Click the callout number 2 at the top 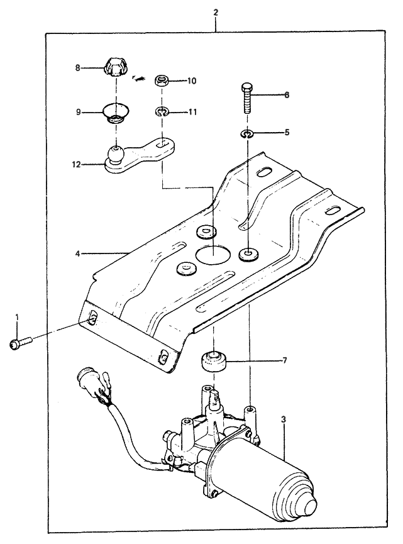(x=216, y=12)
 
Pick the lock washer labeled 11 (x=162, y=113)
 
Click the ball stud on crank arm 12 (x=116, y=153)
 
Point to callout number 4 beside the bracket (x=78, y=254)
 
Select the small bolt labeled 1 (x=18, y=344)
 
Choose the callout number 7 (x=284, y=361)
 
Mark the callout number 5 (x=286, y=133)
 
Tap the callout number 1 (x=18, y=317)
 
